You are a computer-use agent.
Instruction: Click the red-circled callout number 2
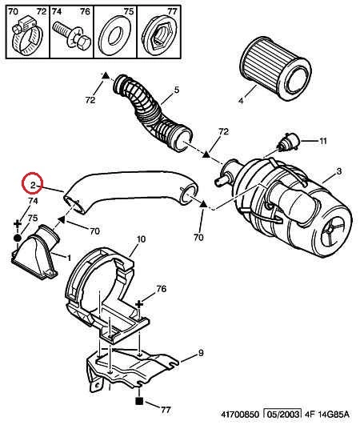coord(33,186)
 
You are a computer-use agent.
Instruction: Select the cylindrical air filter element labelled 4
coord(276,69)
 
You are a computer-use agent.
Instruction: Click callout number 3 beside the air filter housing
coord(339,171)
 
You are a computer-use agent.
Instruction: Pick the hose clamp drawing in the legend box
coord(28,37)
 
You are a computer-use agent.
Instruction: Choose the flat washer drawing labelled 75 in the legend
coord(115,34)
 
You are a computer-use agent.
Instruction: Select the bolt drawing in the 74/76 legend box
coord(72,36)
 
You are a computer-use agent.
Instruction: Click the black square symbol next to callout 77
coord(139,401)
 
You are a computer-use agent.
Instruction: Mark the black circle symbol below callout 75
coord(18,239)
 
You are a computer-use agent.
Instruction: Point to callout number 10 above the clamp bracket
coord(141,239)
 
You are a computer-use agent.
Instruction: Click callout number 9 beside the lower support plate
coord(201,353)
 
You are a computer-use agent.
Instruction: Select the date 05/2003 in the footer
coord(282,415)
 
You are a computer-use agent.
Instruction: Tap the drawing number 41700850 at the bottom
coord(240,415)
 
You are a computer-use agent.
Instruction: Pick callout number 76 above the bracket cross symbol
coord(161,289)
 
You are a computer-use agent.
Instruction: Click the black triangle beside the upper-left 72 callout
coord(105,76)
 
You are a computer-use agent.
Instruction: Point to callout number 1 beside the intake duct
coord(69,258)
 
